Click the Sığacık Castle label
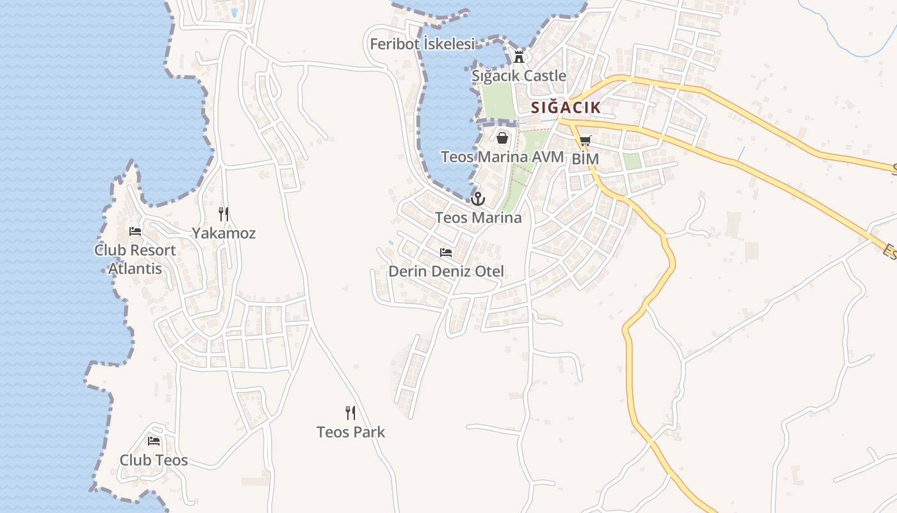pyautogui.click(x=519, y=76)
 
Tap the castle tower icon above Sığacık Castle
pyautogui.click(x=519, y=56)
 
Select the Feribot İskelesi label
pyautogui.click(x=423, y=44)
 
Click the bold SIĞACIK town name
pyautogui.click(x=566, y=108)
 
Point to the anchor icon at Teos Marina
pyautogui.click(x=478, y=199)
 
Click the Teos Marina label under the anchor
pyautogui.click(x=478, y=217)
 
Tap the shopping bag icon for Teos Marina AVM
pyautogui.click(x=502, y=137)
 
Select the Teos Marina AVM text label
pyautogui.click(x=502, y=156)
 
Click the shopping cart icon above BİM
pyautogui.click(x=585, y=140)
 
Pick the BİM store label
pyautogui.click(x=585, y=158)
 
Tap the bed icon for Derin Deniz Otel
pyautogui.click(x=446, y=253)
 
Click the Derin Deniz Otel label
pyautogui.click(x=446, y=271)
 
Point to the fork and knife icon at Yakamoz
pyautogui.click(x=224, y=214)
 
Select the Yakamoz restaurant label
pyautogui.click(x=224, y=233)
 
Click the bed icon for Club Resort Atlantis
pyautogui.click(x=135, y=231)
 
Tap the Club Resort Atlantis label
pyautogui.click(x=135, y=259)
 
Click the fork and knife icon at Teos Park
pyautogui.click(x=350, y=412)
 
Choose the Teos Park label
pyautogui.click(x=351, y=432)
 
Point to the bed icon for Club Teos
pyautogui.click(x=154, y=441)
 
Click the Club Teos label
pyautogui.click(x=154, y=460)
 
